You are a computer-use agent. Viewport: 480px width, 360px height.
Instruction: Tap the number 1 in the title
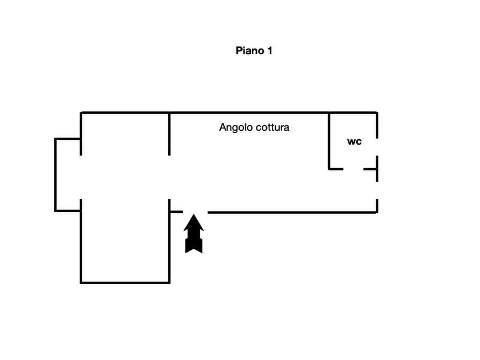pyautogui.click(x=269, y=51)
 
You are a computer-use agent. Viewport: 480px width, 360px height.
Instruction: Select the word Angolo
pyautogui.click(x=235, y=128)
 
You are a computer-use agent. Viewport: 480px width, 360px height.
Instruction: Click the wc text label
pyautogui.click(x=354, y=142)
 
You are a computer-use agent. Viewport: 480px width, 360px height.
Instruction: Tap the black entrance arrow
pyautogui.click(x=194, y=234)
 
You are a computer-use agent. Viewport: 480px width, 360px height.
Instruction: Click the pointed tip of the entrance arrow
pyautogui.click(x=194, y=216)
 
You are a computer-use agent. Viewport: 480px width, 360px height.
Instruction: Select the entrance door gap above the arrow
pyautogui.click(x=195, y=212)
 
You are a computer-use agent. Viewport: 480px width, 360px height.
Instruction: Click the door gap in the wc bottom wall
pyautogui.click(x=353, y=169)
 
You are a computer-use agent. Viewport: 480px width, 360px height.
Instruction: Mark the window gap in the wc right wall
pyautogui.click(x=377, y=147)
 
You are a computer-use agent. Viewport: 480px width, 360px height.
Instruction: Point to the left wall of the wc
pyautogui.click(x=329, y=141)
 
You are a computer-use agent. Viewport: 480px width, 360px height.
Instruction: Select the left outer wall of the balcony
pyautogui.click(x=55, y=175)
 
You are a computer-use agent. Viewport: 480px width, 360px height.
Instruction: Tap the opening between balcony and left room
pyautogui.click(x=81, y=177)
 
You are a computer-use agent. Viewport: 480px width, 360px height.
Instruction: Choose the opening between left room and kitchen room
pyautogui.click(x=170, y=177)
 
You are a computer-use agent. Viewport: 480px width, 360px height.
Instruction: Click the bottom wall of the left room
pyautogui.click(x=125, y=283)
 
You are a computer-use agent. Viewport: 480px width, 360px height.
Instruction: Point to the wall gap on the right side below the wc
pyautogui.click(x=377, y=190)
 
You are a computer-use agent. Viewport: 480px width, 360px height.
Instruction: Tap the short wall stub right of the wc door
pyautogui.click(x=370, y=169)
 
